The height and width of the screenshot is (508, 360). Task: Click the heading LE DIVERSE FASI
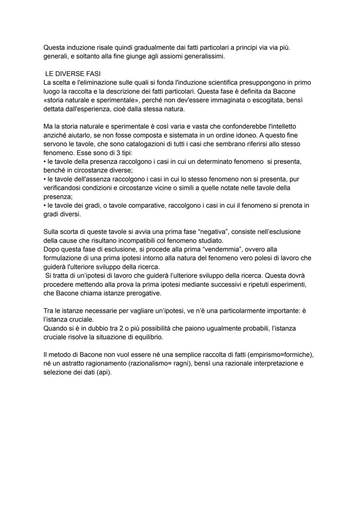73,74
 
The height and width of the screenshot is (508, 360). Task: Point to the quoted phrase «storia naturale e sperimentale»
90,100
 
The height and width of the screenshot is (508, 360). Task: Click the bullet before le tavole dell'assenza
45,179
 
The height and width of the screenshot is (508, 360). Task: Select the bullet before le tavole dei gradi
45,206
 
